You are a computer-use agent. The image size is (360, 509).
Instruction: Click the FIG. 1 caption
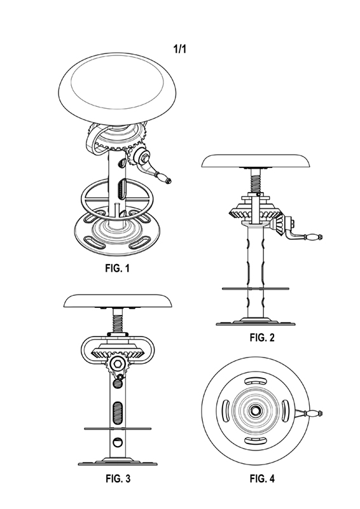(x=117, y=268)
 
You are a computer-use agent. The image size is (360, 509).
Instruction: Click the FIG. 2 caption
(x=262, y=337)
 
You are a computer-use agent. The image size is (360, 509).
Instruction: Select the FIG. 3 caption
(x=118, y=478)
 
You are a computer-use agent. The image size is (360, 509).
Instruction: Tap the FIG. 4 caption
(x=262, y=478)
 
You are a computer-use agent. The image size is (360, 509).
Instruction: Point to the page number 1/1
(x=180, y=49)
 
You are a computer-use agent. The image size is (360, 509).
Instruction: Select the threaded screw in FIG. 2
(x=256, y=181)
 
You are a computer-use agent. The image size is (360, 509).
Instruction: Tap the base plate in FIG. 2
(x=256, y=322)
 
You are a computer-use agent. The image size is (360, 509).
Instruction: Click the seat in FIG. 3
(x=118, y=301)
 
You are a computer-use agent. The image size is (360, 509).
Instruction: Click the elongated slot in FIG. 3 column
(x=118, y=412)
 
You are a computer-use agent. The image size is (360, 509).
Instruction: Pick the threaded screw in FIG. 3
(x=118, y=321)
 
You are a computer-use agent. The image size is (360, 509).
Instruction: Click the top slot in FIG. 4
(x=255, y=380)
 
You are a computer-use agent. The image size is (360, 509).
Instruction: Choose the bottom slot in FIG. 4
(x=255, y=440)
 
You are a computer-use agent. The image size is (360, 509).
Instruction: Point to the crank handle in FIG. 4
(x=308, y=413)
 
